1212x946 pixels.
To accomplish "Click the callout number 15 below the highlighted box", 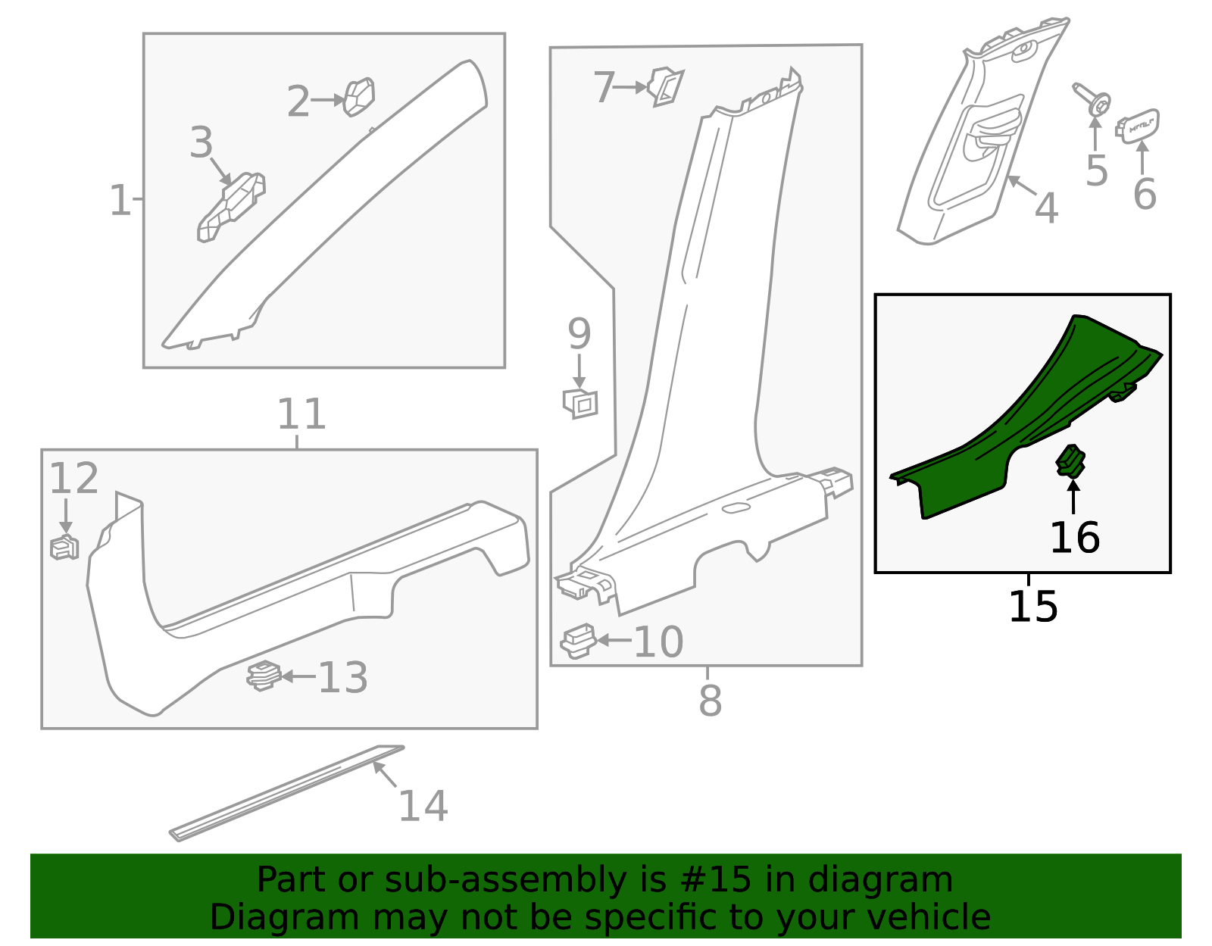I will pyautogui.click(x=1032, y=607).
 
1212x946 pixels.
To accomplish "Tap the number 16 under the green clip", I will pyautogui.click(x=1074, y=538).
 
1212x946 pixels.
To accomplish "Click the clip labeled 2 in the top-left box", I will pyautogui.click(x=359, y=97).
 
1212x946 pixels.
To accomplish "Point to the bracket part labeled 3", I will pyautogui.click(x=231, y=208).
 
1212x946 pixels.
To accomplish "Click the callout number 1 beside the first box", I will pyautogui.click(x=120, y=201).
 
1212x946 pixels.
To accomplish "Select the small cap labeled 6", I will pyautogui.click(x=1138, y=126).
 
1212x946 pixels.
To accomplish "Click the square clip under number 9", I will pyautogui.click(x=581, y=403).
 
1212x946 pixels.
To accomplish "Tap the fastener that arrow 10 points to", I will pyautogui.click(x=579, y=641).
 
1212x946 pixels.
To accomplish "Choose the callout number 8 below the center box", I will pyautogui.click(x=710, y=701).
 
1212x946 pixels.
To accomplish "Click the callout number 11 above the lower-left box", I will pyautogui.click(x=301, y=414).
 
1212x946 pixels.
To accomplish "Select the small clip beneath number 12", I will pyautogui.click(x=64, y=547).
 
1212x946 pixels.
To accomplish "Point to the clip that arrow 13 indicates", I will pyautogui.click(x=264, y=675).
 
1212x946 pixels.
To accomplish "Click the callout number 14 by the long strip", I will pyautogui.click(x=423, y=805).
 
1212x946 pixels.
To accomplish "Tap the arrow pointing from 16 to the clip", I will pyautogui.click(x=1073, y=496).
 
